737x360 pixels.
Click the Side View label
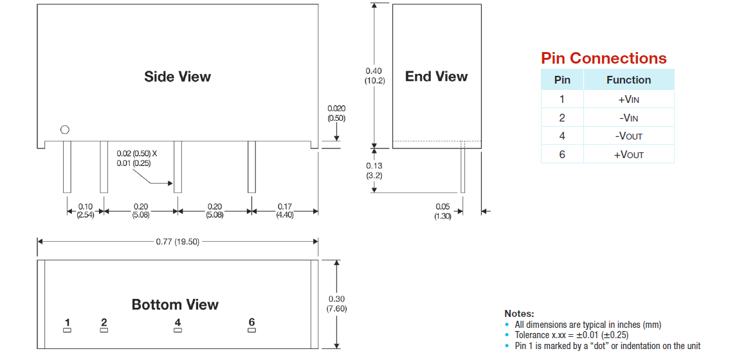point(177,76)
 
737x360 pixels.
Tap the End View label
point(436,76)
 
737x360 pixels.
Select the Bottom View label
point(175,304)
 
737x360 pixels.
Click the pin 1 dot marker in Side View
point(64,130)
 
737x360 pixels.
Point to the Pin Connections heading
point(603,59)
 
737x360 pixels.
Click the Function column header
point(628,80)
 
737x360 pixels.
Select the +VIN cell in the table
point(628,99)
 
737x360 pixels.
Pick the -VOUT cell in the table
point(628,136)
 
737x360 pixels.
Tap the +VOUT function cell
point(628,154)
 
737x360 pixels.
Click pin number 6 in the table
point(562,154)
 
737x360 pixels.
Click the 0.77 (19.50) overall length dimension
point(177,242)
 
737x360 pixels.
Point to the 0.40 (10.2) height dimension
point(374,76)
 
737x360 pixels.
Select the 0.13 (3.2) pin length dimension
point(374,170)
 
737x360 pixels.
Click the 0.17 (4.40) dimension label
point(284,211)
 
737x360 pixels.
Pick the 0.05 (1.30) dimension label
point(442,211)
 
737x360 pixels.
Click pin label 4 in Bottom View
point(177,322)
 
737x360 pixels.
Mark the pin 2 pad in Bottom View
point(104,330)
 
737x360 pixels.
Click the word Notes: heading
point(519,314)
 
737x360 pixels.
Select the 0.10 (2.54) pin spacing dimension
point(86,211)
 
